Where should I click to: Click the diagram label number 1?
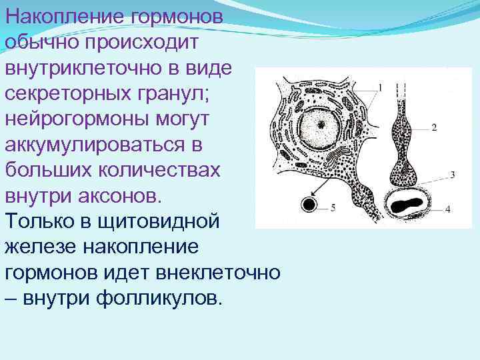coord(381,87)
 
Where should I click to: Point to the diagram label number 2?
coord(434,127)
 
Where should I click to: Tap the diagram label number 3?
coord(453,175)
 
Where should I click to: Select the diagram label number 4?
coord(448,209)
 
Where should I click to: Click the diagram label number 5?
coord(333,209)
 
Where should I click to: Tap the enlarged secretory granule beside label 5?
coord(308,204)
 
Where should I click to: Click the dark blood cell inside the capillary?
coord(409,205)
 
